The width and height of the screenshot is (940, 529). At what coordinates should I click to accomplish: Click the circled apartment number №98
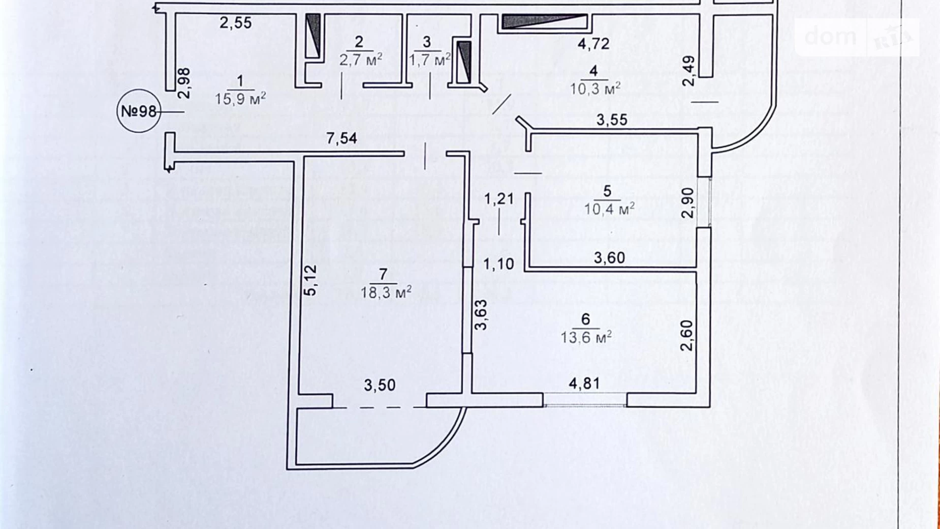tap(138, 111)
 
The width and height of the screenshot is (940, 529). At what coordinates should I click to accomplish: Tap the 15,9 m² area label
tap(240, 98)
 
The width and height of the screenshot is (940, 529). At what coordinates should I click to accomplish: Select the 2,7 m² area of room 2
tap(360, 60)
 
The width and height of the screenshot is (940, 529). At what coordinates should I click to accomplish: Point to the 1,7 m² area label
tap(429, 60)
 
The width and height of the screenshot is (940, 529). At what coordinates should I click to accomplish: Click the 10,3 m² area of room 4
tap(594, 89)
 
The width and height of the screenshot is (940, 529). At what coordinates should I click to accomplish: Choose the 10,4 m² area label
tap(609, 209)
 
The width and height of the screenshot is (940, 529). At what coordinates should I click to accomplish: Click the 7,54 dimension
tap(341, 138)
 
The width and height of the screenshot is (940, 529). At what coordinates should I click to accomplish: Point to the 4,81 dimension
tap(584, 384)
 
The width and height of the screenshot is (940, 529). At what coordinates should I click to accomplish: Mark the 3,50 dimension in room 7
tap(380, 385)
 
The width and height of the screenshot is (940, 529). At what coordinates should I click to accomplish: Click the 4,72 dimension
tap(593, 44)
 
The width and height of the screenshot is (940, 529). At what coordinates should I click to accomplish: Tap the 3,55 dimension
tap(612, 120)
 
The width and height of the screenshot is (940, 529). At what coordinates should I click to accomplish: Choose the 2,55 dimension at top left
tap(235, 23)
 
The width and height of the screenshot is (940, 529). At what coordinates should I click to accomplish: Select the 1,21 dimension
tap(498, 199)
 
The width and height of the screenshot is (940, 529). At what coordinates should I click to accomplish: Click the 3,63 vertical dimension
tap(481, 315)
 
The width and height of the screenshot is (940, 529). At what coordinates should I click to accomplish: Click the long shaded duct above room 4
tap(544, 21)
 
